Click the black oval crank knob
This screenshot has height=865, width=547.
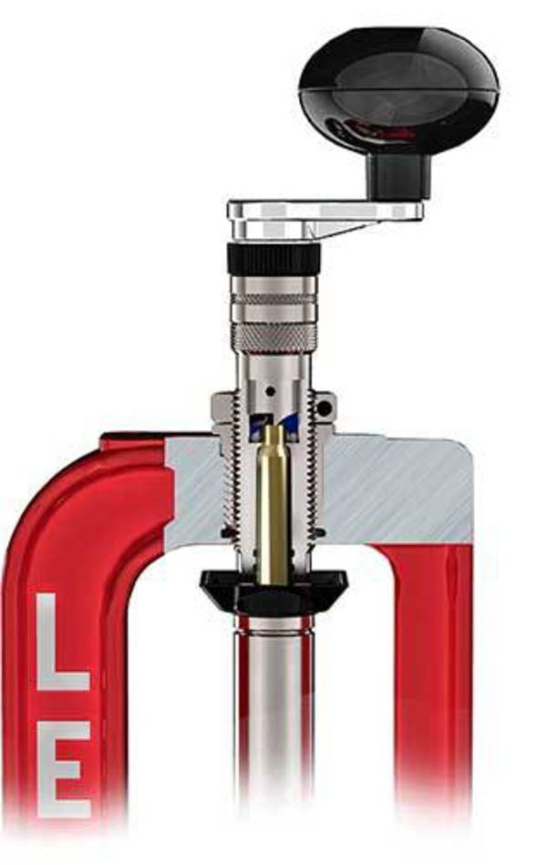(x=398, y=86)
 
